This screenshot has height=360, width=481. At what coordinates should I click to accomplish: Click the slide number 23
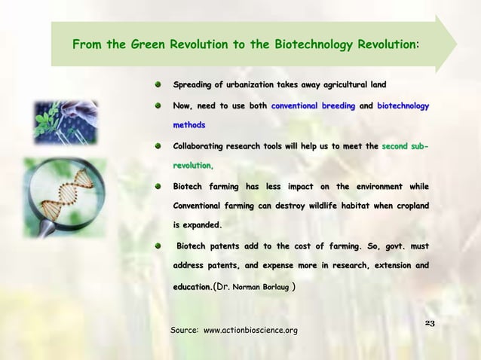click(430, 323)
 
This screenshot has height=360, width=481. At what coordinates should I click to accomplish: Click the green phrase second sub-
click(406, 145)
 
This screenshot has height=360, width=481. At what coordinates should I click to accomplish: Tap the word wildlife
click(317, 205)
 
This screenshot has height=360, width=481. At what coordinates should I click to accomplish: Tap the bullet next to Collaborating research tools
click(158, 145)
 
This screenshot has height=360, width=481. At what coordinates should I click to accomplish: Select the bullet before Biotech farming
click(158, 185)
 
